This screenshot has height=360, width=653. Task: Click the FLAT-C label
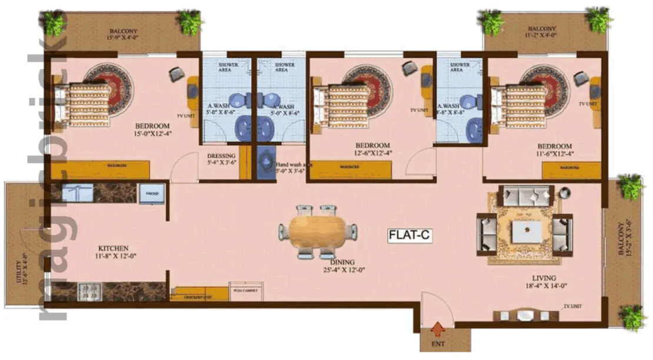click(410, 235)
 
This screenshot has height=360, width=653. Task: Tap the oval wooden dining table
click(318, 232)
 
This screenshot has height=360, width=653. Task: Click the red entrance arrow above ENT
click(437, 328)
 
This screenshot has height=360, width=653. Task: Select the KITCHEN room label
click(114, 249)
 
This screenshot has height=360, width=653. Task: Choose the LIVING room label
click(543, 278)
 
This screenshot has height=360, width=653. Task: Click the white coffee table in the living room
click(526, 231)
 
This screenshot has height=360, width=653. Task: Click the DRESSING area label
click(221, 156)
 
